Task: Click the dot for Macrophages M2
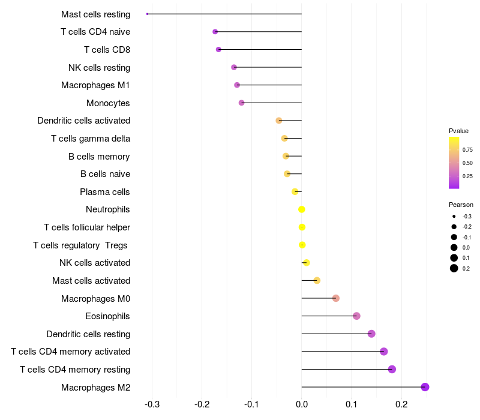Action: point(425,387)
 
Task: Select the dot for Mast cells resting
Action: point(147,14)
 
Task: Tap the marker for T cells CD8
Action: point(218,49)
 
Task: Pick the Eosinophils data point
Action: point(356,316)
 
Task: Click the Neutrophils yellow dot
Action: point(302,209)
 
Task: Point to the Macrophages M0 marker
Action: point(336,298)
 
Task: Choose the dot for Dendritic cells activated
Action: point(279,121)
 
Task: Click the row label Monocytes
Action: point(108,103)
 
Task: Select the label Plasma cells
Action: point(105,192)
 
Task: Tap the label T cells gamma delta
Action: point(91,139)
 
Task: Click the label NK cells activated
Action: point(95,263)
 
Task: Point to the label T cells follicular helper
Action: point(87,227)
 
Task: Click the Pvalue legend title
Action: point(458,131)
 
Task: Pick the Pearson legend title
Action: point(461,205)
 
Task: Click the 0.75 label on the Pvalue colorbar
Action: point(467,149)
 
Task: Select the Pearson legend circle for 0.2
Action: point(454,268)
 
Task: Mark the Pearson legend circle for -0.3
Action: point(454,216)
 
